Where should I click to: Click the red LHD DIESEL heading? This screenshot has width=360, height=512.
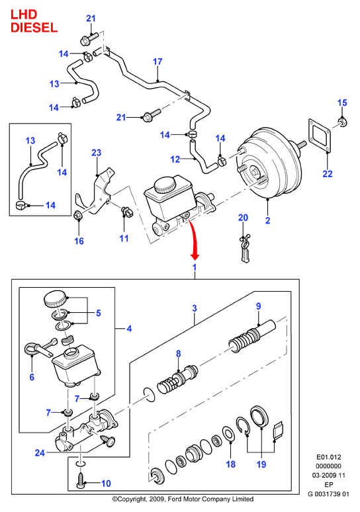(34, 21)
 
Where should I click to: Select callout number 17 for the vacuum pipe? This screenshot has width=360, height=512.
(157, 62)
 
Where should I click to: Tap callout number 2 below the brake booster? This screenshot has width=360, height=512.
(267, 220)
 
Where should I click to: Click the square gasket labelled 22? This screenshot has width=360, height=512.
(320, 136)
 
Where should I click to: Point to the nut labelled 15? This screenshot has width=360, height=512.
(342, 122)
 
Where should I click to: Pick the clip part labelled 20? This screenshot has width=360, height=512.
(245, 247)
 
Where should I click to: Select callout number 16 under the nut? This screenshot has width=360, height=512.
(79, 241)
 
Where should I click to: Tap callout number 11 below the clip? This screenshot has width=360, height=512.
(124, 238)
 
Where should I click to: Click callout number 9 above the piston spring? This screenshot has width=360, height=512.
(258, 306)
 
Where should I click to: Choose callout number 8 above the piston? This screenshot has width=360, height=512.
(179, 354)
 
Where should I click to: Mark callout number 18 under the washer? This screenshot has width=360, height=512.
(231, 464)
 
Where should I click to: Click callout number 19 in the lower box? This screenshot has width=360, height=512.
(261, 464)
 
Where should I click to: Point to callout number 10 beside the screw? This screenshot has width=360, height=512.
(106, 484)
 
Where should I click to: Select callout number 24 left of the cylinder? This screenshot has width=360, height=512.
(40, 453)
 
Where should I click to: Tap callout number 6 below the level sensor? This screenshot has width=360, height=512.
(32, 377)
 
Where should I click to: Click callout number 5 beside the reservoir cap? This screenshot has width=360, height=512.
(99, 313)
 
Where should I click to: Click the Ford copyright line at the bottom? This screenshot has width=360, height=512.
(183, 499)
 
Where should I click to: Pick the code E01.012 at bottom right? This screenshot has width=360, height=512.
(329, 457)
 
